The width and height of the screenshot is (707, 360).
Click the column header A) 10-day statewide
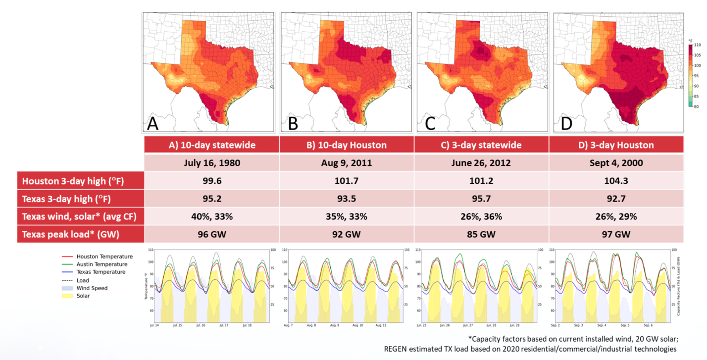(212, 145)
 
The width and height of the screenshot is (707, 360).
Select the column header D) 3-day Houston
(616, 145)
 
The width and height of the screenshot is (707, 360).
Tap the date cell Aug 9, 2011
(347, 163)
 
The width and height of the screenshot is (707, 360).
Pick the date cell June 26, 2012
(481, 163)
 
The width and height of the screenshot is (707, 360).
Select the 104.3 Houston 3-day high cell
(616, 181)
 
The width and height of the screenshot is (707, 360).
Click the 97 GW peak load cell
(616, 234)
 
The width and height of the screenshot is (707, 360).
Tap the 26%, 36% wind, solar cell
(481, 216)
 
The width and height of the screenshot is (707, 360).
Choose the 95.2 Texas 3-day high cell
(212, 199)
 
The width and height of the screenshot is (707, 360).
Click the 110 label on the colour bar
(697, 45)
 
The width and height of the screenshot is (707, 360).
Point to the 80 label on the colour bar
(697, 106)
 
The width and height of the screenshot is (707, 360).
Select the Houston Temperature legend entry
(104, 257)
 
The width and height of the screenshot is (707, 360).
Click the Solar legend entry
(83, 296)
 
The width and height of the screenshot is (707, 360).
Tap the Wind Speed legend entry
(92, 288)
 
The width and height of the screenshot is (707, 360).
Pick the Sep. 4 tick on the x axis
(601, 326)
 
